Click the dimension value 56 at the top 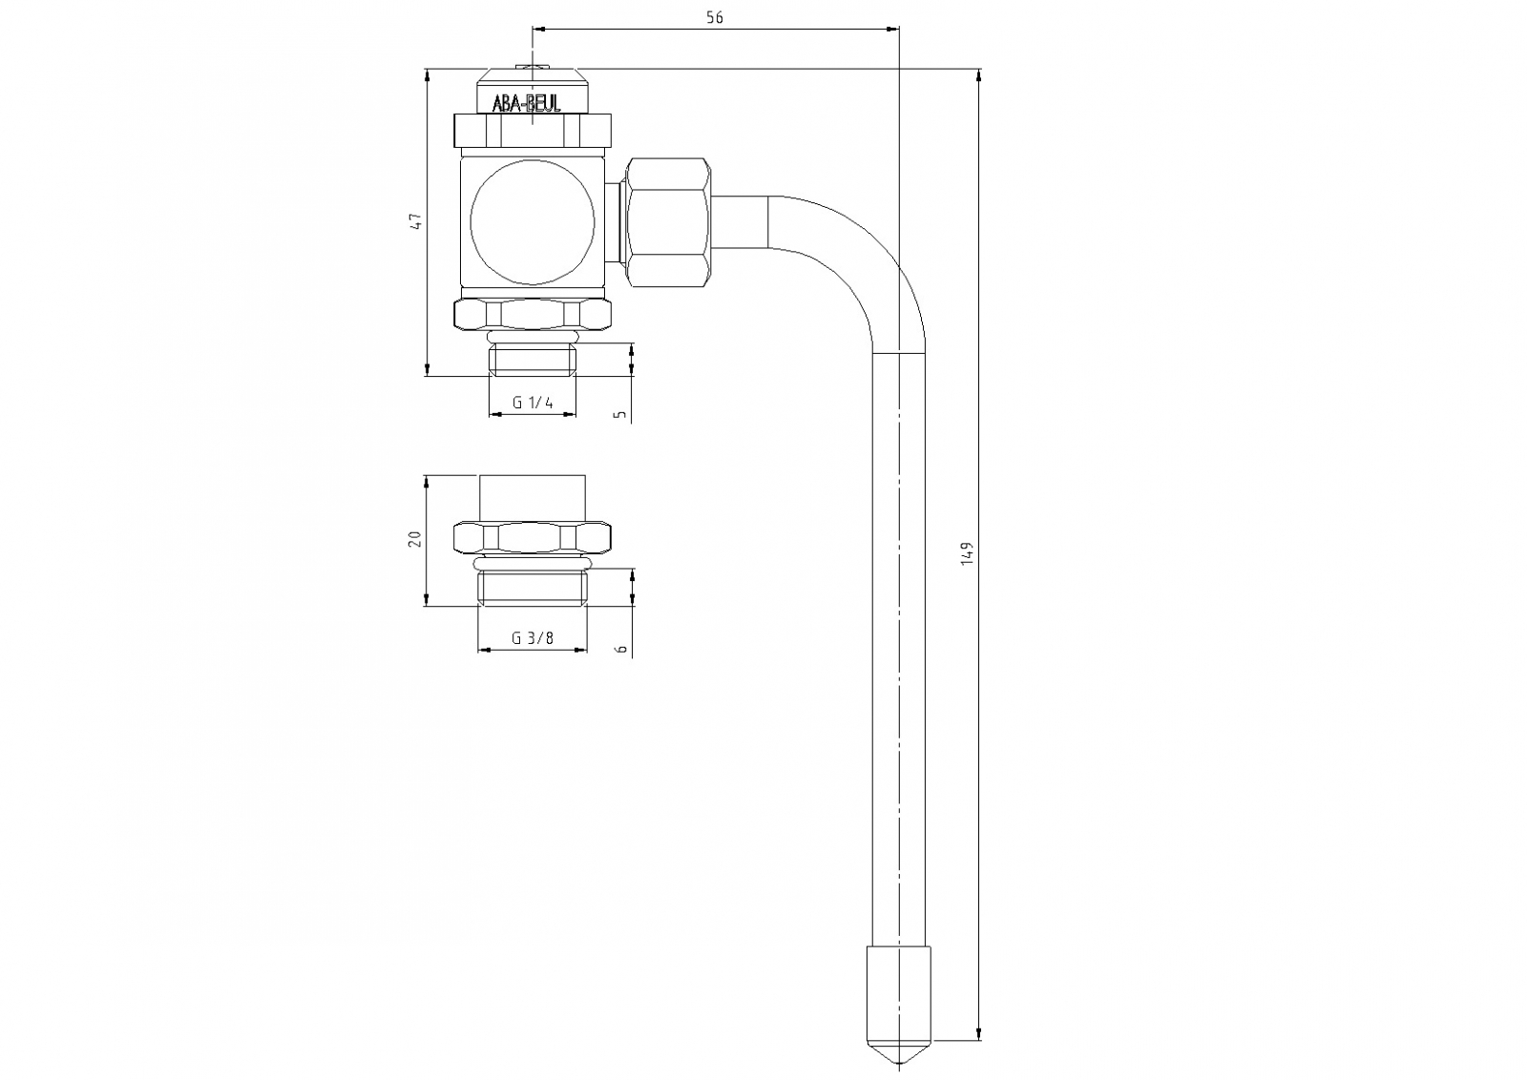(x=715, y=18)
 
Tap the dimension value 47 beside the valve (x=414, y=221)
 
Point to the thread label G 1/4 (x=533, y=403)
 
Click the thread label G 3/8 (x=532, y=638)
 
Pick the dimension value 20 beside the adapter (x=414, y=539)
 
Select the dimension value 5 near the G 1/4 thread (x=621, y=414)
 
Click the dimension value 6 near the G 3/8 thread (x=621, y=649)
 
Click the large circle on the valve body (x=533, y=221)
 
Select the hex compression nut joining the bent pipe (x=667, y=221)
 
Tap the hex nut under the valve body (x=532, y=315)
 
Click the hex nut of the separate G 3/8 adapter (x=532, y=537)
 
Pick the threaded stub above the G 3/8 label (x=532, y=588)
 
